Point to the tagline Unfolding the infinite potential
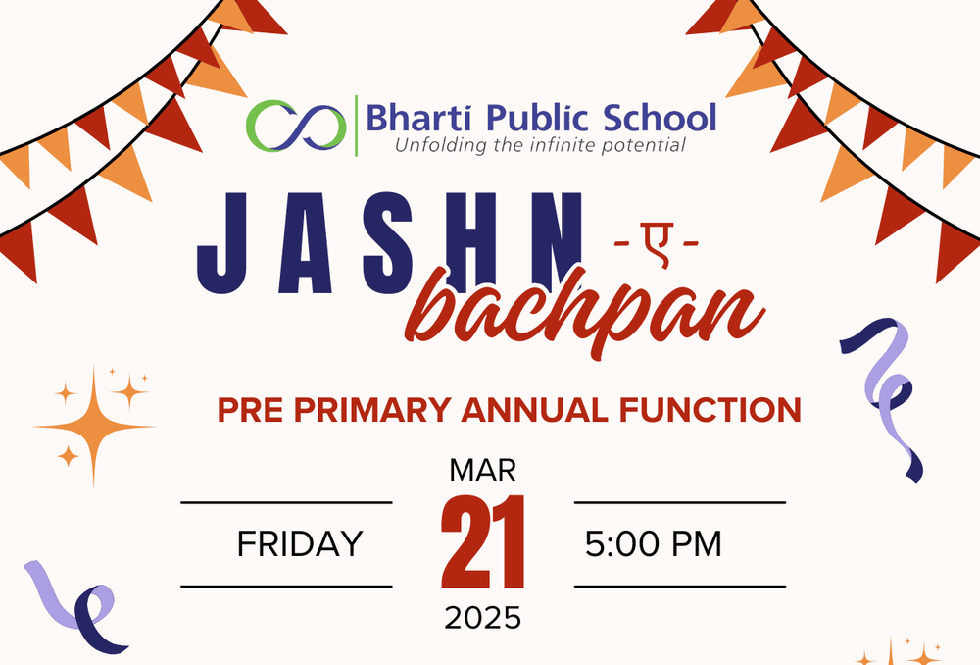pos(539,146)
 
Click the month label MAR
pos(482,471)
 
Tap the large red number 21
pos(482,542)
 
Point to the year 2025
pos(482,618)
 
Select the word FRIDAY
pos(300,543)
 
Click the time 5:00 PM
pos(653,543)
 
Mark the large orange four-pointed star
pos(94,427)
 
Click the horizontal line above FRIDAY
pos(286,502)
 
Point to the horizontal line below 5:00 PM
pos(680,587)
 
